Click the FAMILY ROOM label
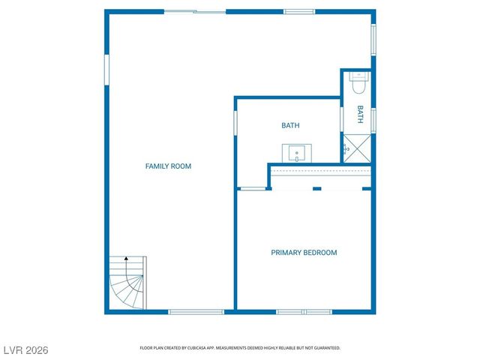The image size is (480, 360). [x=168, y=166]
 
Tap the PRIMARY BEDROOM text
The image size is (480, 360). [x=304, y=253]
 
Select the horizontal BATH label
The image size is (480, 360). [x=290, y=126]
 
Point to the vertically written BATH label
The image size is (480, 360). [x=360, y=114]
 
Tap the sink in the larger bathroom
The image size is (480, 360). [x=297, y=153]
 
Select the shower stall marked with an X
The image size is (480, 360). [x=358, y=148]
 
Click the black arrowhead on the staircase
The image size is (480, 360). [x=126, y=259]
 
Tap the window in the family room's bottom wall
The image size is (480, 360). [x=196, y=311]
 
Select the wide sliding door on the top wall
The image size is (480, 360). [x=195, y=12]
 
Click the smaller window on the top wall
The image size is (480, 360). [x=299, y=12]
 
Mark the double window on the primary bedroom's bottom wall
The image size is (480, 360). [x=304, y=311]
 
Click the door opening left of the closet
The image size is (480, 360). [x=252, y=188]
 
